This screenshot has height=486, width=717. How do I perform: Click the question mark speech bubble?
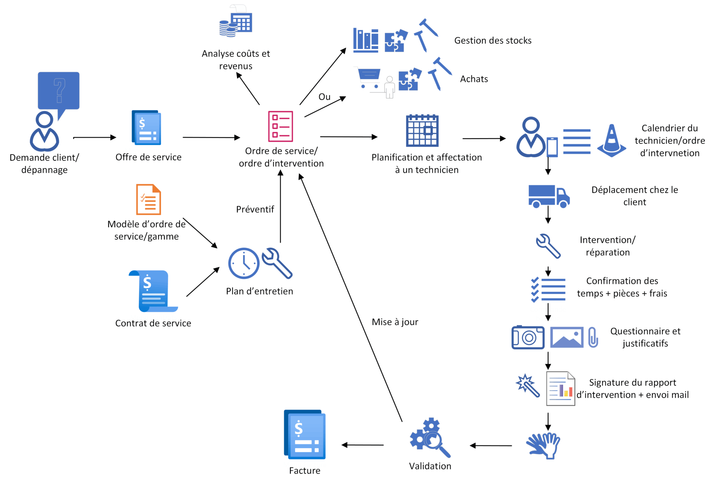click(x=58, y=91)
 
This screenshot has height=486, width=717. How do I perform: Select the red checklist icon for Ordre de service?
click(x=280, y=126)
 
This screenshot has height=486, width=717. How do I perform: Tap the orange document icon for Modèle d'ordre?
click(x=148, y=199)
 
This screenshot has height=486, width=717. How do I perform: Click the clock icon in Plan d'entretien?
click(x=244, y=263)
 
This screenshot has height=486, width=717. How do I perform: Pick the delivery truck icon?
click(x=549, y=196)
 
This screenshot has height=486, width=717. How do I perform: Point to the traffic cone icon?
click(x=612, y=141)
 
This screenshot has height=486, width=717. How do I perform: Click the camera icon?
click(x=528, y=337)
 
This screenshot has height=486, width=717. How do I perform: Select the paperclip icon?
click(x=593, y=337)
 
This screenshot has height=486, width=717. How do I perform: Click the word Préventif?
click(x=255, y=210)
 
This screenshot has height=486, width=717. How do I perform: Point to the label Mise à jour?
click(x=395, y=322)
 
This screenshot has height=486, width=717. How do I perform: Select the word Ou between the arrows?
click(x=325, y=97)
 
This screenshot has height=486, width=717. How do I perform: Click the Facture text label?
click(x=305, y=471)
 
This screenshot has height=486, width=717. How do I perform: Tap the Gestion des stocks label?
click(x=493, y=41)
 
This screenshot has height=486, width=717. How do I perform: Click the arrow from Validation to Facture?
click(x=362, y=445)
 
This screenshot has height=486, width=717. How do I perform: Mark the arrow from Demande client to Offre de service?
click(x=95, y=137)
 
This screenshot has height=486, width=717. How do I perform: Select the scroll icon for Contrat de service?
click(x=153, y=291)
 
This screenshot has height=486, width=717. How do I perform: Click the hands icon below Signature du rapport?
click(x=543, y=445)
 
